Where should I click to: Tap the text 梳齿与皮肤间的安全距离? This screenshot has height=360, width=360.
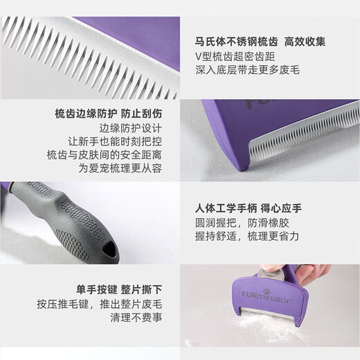[x=109, y=157]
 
